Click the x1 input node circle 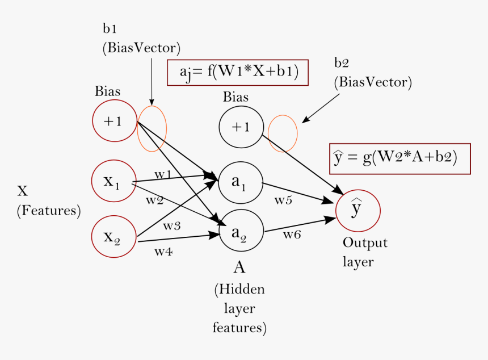click(114, 181)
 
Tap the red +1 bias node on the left click(114, 120)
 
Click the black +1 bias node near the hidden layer click(241, 127)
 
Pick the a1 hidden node click(240, 183)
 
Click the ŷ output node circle click(357, 210)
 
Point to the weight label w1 click(163, 174)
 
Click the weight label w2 click(154, 200)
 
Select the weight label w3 click(172, 225)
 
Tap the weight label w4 click(163, 252)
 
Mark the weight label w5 click(284, 200)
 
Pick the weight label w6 click(292, 235)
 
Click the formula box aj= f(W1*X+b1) click(237, 73)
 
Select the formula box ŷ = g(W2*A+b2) click(400, 158)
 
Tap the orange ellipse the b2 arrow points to click(283, 133)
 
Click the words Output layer click(365, 252)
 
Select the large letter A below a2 click(239, 267)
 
